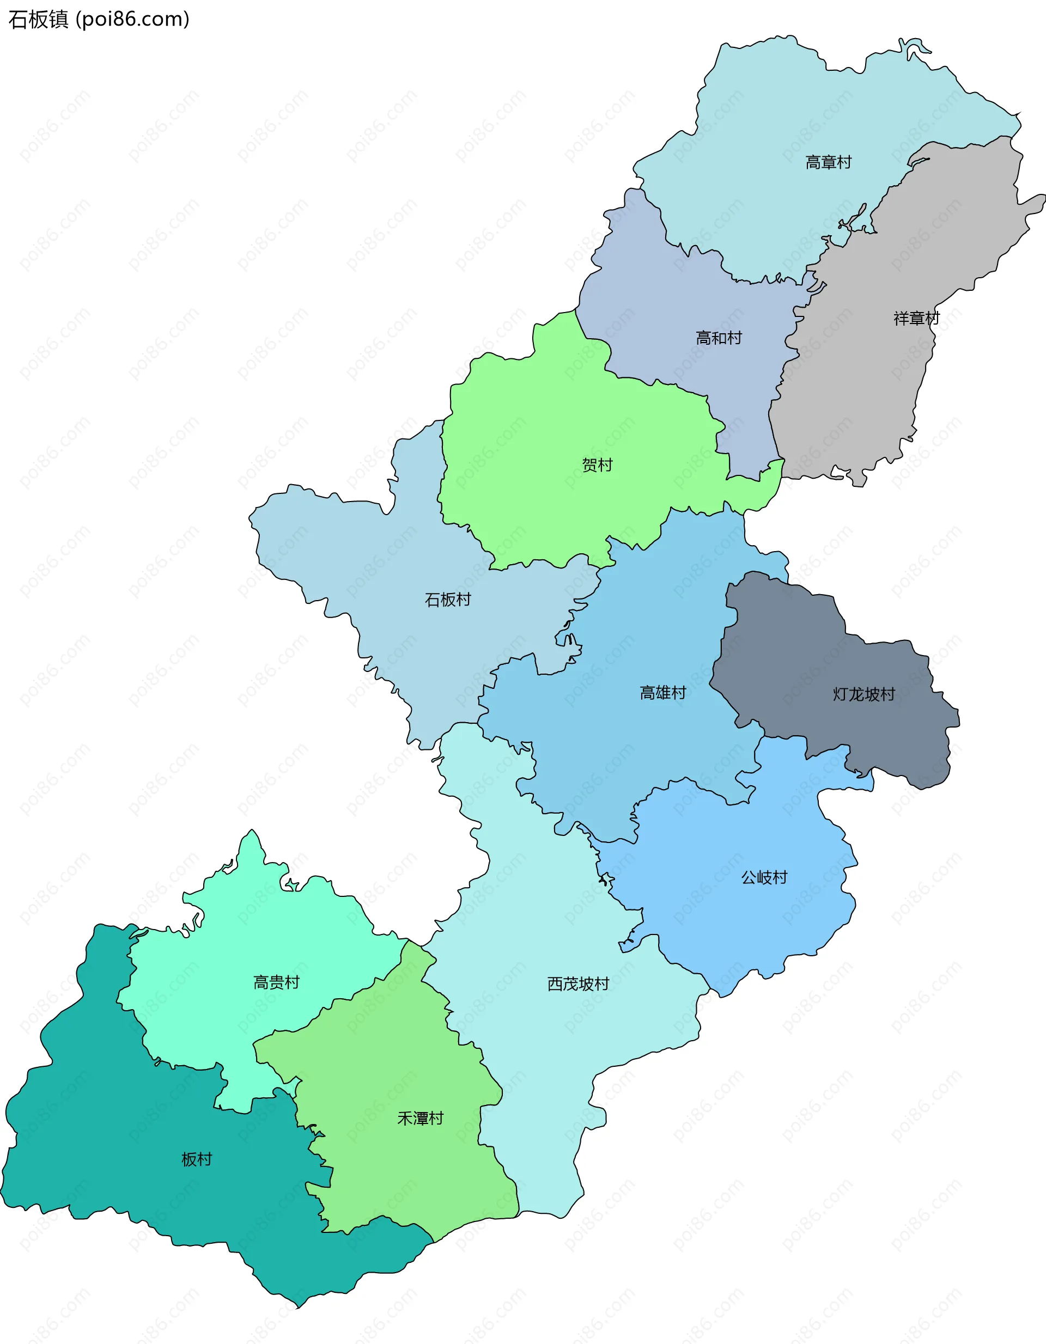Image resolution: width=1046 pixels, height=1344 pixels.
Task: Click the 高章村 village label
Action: pos(828,162)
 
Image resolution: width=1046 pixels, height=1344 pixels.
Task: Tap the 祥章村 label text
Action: pos(916,318)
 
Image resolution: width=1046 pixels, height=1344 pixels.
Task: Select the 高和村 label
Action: pos(719,338)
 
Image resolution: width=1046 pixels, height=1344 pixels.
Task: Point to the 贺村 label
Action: pos(597,465)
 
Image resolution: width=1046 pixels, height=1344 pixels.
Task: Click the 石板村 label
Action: pos(448,600)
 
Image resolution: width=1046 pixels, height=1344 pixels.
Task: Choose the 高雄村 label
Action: pos(662,693)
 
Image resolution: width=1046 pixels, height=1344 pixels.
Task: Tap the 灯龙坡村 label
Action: pos(863,694)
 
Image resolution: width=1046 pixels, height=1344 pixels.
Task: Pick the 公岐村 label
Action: pos(764,877)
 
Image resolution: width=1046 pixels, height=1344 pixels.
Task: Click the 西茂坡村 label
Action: pos(578,984)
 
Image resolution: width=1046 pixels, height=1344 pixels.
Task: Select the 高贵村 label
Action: pos(276,982)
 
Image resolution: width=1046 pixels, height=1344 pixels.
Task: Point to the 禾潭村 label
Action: pos(420,1118)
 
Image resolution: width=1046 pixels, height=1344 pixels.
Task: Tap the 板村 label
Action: pos(196,1159)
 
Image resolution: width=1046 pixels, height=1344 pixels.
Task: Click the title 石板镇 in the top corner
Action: pos(38,20)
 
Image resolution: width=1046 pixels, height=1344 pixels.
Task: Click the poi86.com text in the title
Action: pos(132,20)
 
